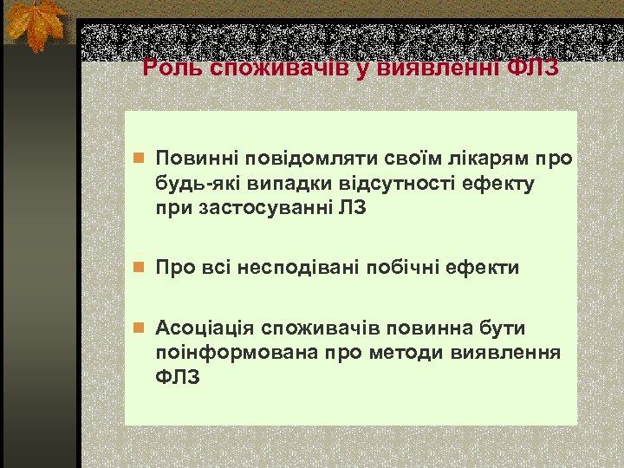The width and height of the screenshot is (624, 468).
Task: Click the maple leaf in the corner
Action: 36,24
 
